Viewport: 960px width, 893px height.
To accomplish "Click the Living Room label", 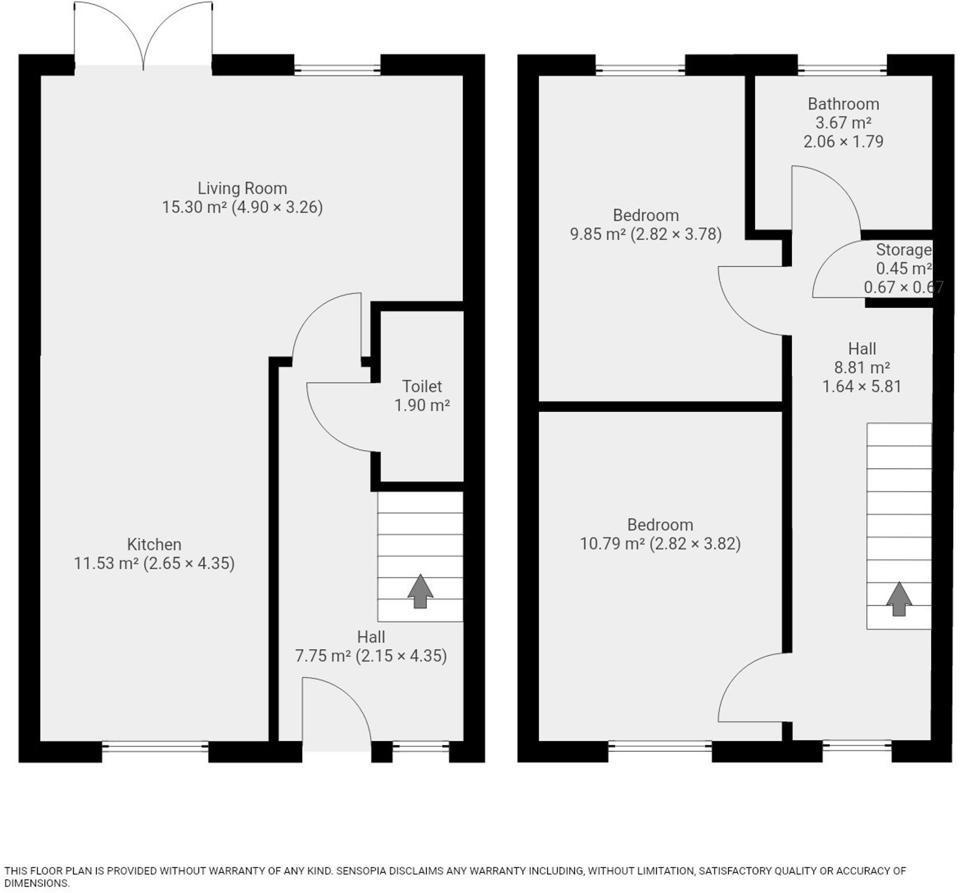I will coord(242,188).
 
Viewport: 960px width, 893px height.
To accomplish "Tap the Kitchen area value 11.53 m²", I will coord(106,563).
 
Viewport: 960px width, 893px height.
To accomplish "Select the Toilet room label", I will coord(422,386).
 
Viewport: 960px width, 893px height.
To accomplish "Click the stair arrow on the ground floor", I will coord(420,591).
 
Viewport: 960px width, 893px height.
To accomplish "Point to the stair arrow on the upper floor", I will coord(899,598).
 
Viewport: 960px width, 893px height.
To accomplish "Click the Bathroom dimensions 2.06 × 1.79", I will coord(843,141).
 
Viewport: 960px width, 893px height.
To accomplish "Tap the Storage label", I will coord(903,249).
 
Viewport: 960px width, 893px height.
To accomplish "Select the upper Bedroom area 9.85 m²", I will coord(597,234).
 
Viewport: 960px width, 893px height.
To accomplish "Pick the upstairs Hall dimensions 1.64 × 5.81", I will coord(861,386).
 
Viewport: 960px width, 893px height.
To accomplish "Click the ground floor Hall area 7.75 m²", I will coord(323,656).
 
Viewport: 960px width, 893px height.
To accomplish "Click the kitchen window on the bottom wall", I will coord(155,746).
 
